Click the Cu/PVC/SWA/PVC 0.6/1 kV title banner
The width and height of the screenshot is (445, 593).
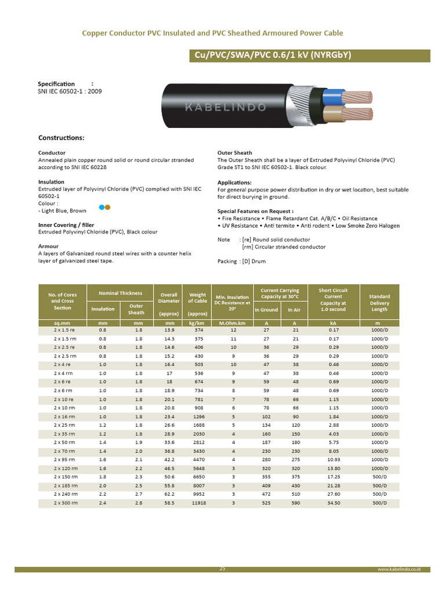coord(310,56)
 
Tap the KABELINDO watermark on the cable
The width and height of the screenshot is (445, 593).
coord(225,107)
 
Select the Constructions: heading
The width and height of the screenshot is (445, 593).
coord(61,138)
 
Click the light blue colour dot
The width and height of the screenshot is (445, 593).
coord(102,207)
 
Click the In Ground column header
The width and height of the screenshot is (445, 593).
coord(267,310)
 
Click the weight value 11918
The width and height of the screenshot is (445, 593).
coord(198,503)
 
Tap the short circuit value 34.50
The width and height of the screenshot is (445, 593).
coord(333,503)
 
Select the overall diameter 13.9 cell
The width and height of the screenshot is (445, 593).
coord(169,330)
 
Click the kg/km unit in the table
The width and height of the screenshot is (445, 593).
coord(198,323)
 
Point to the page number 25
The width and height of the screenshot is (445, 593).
coord(222,569)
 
